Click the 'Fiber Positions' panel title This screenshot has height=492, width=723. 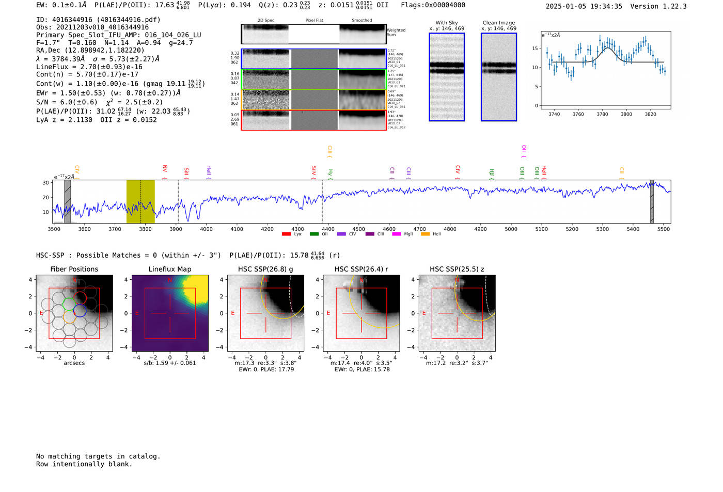(74, 269)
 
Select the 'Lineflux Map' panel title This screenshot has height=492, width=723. (170, 269)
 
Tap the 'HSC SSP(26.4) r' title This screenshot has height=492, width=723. (361, 269)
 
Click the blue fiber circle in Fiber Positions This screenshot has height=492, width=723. (80, 311)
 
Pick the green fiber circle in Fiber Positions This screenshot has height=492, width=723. (69, 303)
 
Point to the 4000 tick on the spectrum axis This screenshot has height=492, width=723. (206, 229)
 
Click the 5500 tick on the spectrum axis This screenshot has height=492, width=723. (664, 229)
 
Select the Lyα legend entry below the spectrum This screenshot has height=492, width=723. (293, 234)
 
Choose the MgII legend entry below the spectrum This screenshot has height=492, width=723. (403, 234)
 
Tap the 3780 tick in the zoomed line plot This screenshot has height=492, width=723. (602, 114)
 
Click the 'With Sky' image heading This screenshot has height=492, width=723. (447, 23)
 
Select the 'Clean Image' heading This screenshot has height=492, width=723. (499, 23)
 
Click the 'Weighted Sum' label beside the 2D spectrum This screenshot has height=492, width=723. (396, 33)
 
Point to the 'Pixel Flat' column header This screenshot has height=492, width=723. (314, 20)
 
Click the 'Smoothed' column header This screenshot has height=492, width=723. (361, 20)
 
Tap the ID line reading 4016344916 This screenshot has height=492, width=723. (98, 20)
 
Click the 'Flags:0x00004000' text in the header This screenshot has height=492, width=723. (433, 5)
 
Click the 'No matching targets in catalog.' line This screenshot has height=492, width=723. (98, 456)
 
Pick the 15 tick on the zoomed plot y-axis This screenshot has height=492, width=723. (535, 48)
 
